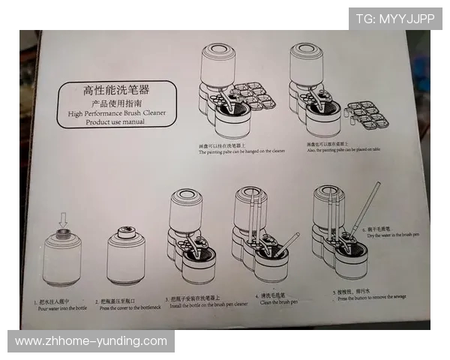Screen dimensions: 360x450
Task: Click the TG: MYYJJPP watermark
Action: click(394, 19)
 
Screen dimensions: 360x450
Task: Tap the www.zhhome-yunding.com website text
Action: click(91, 341)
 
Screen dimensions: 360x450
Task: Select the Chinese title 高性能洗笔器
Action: click(116, 91)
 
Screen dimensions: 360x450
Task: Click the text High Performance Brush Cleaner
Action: click(116, 113)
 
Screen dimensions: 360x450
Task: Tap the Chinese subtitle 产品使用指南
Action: click(116, 103)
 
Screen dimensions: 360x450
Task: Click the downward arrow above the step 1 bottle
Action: click(63, 220)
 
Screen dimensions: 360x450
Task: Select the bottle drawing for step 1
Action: click(62, 259)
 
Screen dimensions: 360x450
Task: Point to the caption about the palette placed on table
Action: click(342, 149)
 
